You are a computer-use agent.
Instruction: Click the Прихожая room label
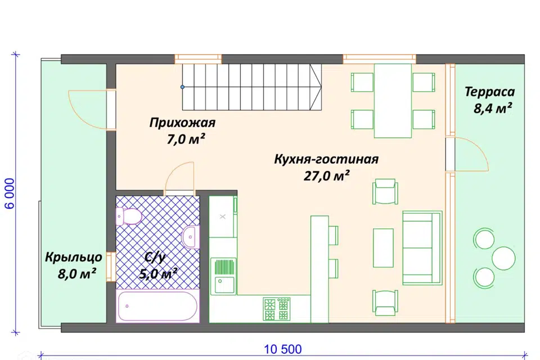182,123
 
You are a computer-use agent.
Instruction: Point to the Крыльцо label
74,258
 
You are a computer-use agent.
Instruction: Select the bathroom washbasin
191,236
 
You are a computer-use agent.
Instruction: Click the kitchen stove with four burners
277,308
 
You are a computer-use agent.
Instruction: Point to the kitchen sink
224,276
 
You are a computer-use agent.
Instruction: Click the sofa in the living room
422,238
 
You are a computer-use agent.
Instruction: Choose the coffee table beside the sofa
384,247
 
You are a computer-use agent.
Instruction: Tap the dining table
393,100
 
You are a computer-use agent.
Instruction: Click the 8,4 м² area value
492,109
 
